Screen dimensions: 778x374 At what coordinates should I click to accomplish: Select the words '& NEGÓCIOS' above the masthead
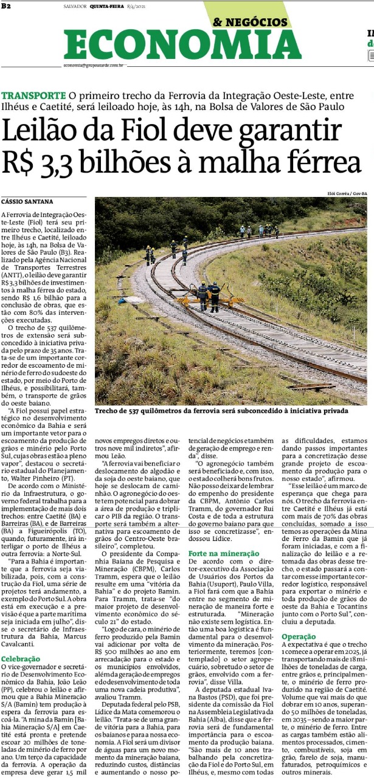point(250,22)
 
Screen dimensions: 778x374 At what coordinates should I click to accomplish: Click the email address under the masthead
point(94,65)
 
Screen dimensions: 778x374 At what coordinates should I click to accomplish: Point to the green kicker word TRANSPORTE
point(33,95)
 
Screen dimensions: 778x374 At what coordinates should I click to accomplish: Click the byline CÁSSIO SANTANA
point(27,201)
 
